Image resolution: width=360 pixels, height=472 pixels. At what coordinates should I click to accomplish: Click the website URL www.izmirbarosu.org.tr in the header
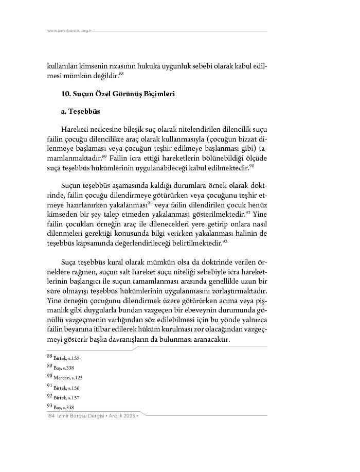click(69, 31)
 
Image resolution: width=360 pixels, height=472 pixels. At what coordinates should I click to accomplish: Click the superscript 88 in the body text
click(121, 74)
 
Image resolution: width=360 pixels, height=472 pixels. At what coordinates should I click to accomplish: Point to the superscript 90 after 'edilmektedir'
click(252, 165)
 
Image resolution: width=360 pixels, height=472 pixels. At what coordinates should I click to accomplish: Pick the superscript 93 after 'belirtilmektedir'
click(225, 241)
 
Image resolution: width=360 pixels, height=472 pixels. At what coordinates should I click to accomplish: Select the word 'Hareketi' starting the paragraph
click(74, 129)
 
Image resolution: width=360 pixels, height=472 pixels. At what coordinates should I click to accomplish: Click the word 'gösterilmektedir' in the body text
click(214, 214)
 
